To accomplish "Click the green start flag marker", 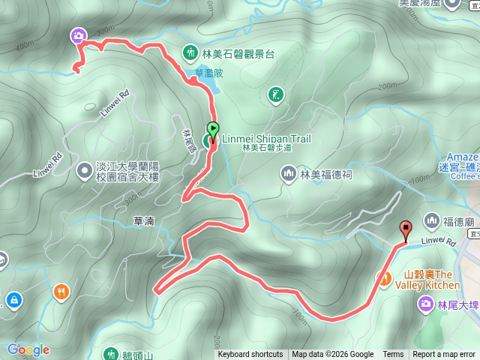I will (x=213, y=130).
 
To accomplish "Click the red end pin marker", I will (x=406, y=230).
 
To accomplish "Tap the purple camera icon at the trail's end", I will (x=79, y=35).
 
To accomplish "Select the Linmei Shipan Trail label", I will (x=266, y=139).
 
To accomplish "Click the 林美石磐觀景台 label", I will (x=238, y=53).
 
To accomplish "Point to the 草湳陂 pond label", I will (x=209, y=73).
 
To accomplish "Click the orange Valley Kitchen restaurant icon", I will (x=385, y=279).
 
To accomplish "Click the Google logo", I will (x=29, y=349).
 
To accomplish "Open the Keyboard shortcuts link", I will (x=250, y=355).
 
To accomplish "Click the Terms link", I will (x=393, y=355).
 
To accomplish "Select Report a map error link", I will (x=445, y=355).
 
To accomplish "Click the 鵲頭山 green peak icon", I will (x=111, y=353).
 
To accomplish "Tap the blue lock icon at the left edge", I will (x=13, y=300).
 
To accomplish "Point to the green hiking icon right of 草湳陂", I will (x=276, y=94).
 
